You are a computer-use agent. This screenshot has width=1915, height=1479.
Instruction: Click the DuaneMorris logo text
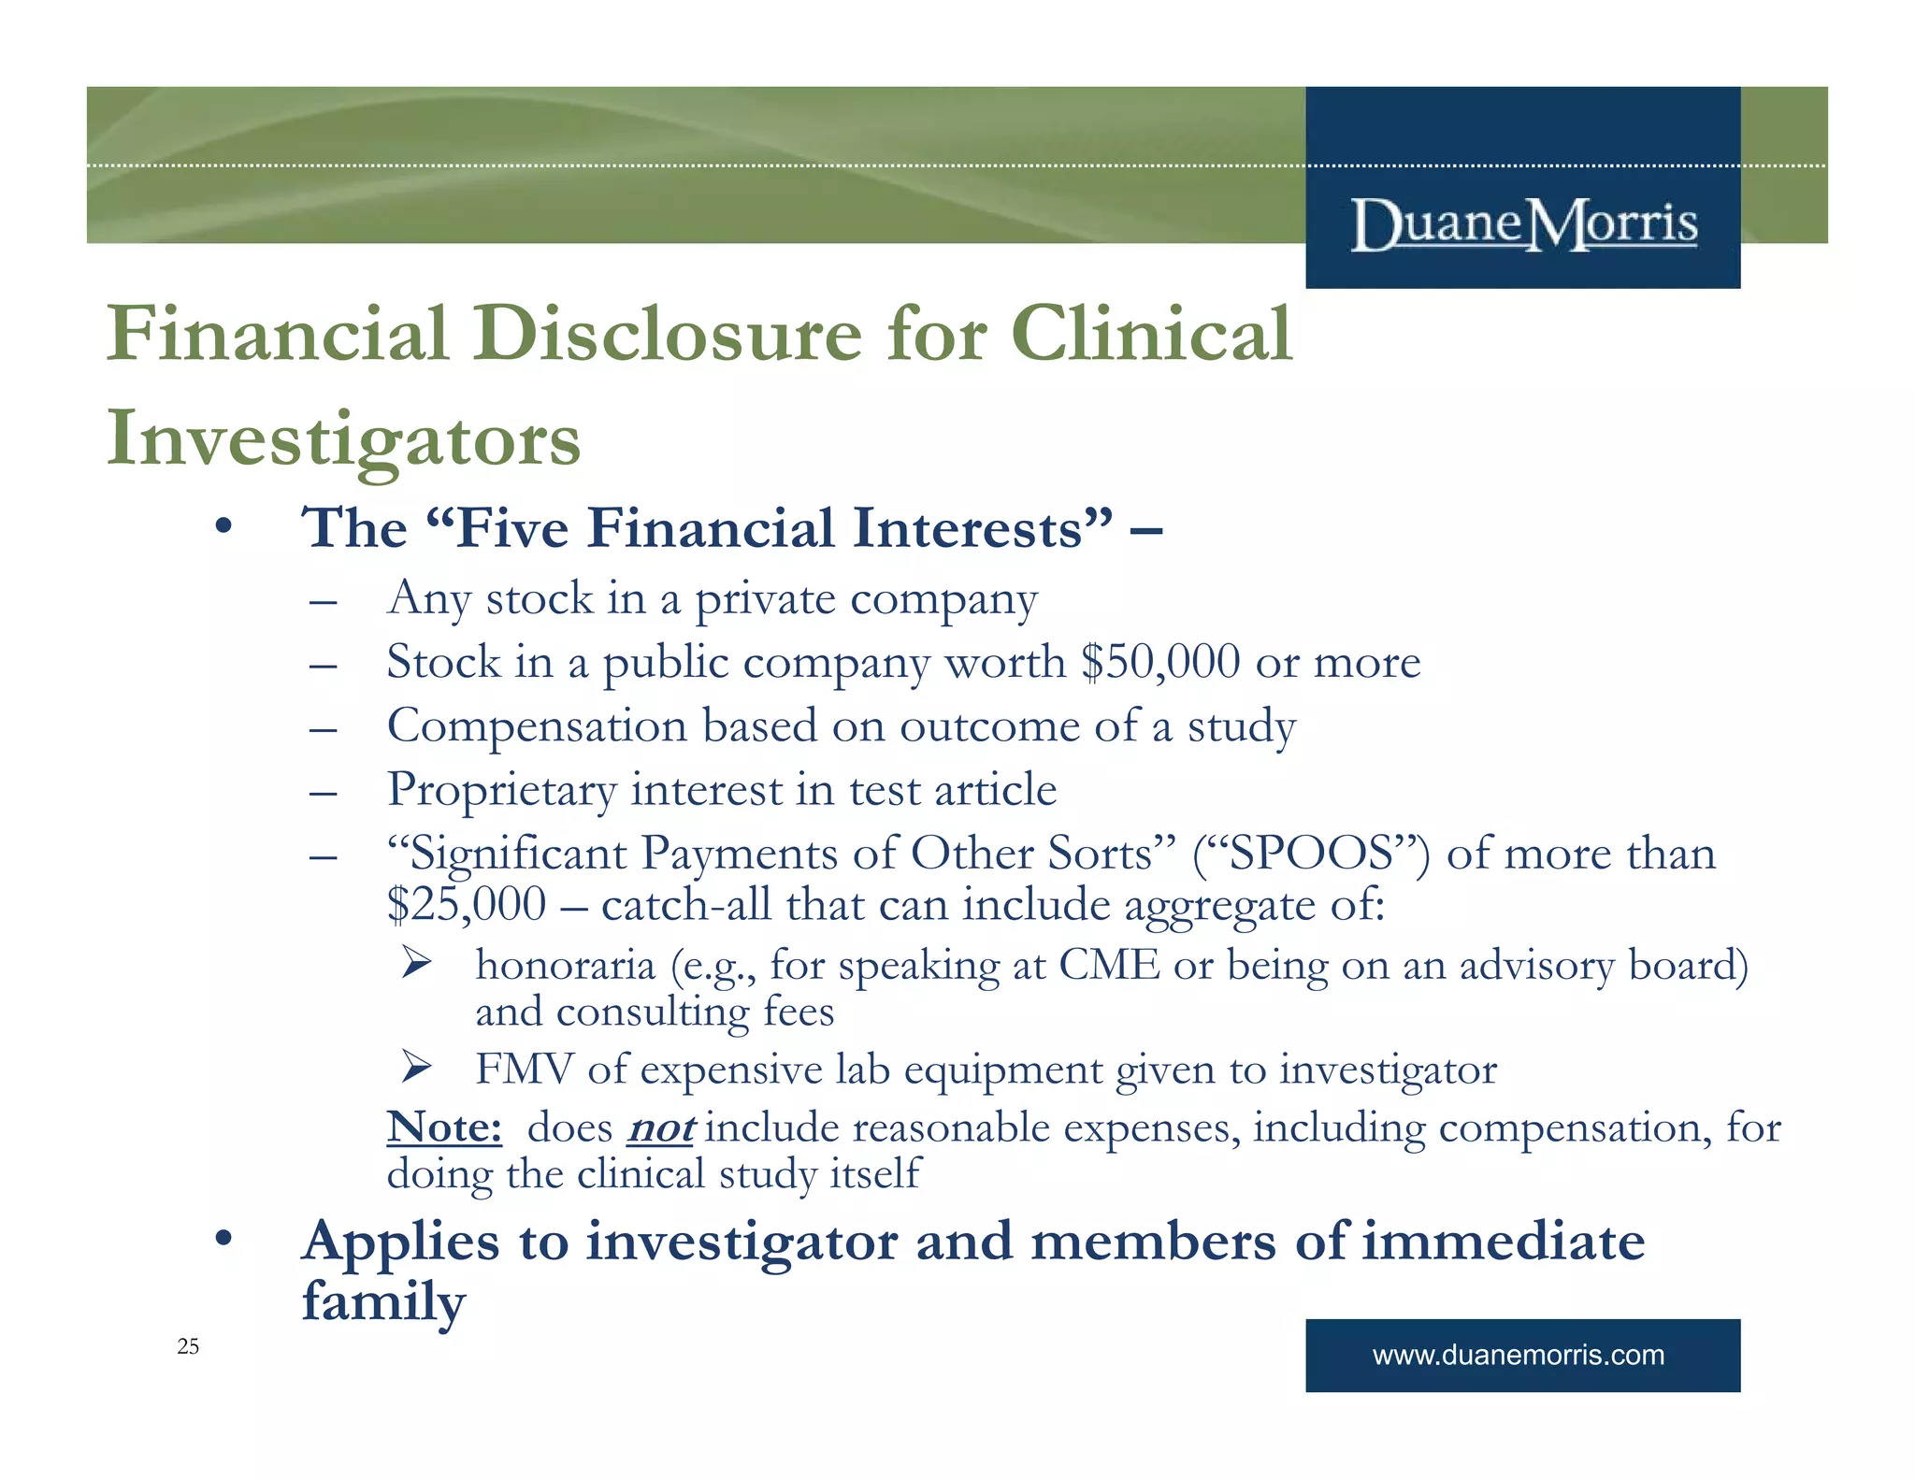tap(1523, 225)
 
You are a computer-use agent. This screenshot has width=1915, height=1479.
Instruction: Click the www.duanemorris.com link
tap(1518, 1355)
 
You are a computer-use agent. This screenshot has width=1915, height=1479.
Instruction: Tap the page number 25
tap(188, 1346)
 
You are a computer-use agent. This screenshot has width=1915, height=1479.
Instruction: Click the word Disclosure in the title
tap(667, 334)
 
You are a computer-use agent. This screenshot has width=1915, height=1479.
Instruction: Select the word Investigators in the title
tap(343, 439)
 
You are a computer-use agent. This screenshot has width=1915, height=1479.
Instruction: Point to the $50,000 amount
tap(1160, 662)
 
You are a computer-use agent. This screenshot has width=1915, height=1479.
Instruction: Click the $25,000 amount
tap(467, 905)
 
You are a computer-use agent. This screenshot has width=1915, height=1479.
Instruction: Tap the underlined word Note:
tap(444, 1127)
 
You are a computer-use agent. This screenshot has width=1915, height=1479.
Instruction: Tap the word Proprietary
tap(501, 790)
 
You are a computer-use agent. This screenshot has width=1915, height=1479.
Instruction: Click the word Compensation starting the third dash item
tap(537, 726)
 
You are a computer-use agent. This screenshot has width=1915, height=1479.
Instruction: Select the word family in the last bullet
tap(383, 1301)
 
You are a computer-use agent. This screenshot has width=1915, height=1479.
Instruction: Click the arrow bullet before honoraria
tap(415, 962)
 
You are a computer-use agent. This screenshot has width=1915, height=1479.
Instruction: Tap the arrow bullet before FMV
tap(415, 1067)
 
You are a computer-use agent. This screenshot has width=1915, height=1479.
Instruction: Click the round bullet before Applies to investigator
tap(223, 1240)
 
